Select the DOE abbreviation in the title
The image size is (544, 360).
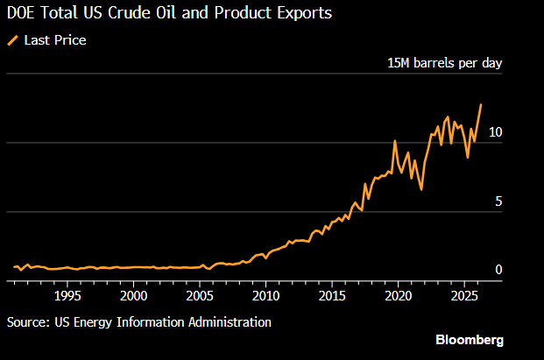23,15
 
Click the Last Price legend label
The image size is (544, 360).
55,40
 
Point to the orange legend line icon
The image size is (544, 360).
12,40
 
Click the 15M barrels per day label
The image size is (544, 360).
445,63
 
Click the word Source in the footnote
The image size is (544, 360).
27,322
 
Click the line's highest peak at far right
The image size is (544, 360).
481,104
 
